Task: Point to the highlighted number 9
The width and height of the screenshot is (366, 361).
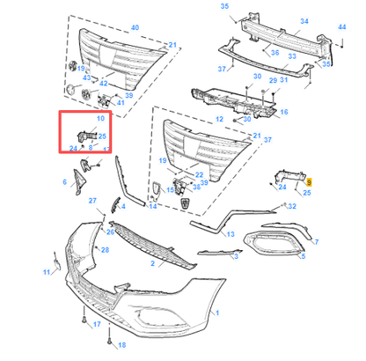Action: [x=309, y=180]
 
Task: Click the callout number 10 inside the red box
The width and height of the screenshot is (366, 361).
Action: [x=99, y=119]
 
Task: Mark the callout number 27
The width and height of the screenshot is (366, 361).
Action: [x=92, y=202]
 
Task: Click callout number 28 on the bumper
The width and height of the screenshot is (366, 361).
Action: [x=105, y=251]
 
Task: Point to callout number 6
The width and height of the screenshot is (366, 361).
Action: [x=64, y=183]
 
